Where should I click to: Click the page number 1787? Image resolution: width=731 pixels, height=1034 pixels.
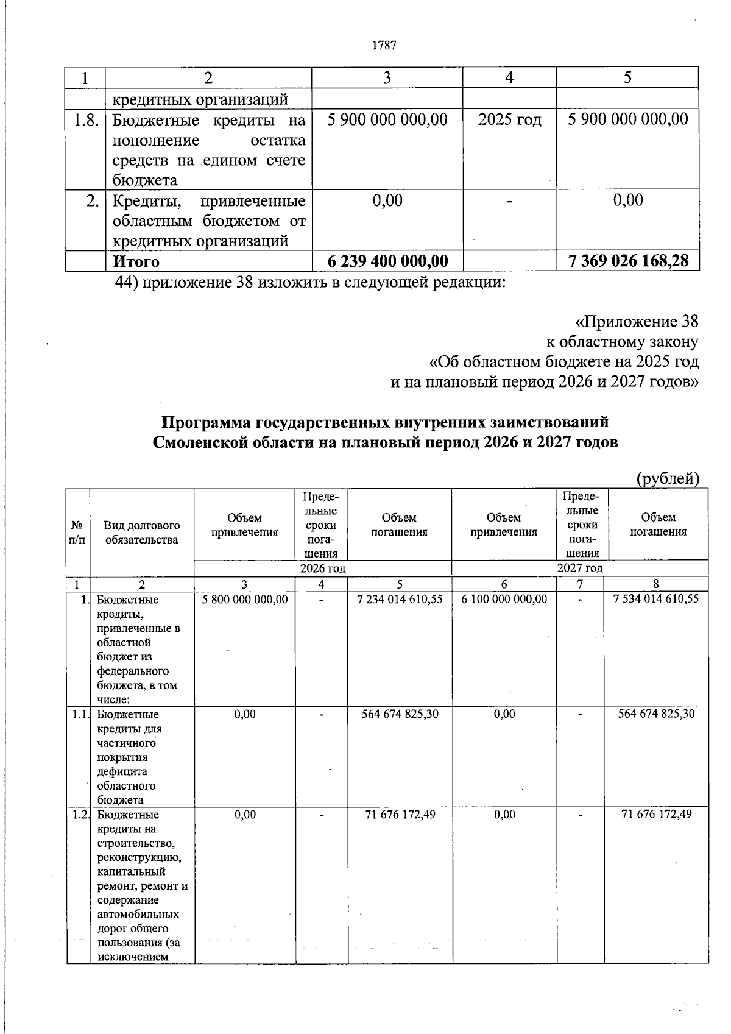tap(384, 45)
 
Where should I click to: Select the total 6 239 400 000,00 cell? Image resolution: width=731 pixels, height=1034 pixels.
tap(387, 261)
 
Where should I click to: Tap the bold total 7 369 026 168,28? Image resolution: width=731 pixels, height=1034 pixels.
tap(628, 261)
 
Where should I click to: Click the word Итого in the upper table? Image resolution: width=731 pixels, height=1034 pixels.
tap(136, 262)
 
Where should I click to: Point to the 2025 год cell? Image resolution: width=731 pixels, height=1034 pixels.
tap(509, 119)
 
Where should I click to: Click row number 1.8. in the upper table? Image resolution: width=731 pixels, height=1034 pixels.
tap(86, 119)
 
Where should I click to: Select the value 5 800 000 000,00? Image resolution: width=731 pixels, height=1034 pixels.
tap(244, 600)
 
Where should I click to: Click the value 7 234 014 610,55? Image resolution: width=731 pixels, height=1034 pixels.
tap(400, 600)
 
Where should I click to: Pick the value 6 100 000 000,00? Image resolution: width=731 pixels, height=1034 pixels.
tap(504, 600)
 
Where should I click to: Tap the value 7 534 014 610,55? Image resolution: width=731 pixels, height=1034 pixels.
tap(656, 598)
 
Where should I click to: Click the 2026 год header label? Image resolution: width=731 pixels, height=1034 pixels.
tap(323, 568)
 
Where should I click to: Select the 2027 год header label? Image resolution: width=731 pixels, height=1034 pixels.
tap(580, 568)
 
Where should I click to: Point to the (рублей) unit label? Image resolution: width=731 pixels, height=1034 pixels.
tap(668, 479)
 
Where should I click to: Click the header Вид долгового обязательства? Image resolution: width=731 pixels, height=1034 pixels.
tap(141, 533)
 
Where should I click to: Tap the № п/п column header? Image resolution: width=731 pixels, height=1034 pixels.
tap(77, 533)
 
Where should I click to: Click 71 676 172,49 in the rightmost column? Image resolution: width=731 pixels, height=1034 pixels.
tap(656, 815)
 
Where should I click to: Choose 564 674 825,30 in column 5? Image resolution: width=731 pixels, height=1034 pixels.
tap(400, 714)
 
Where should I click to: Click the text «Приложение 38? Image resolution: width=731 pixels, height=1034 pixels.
tap(637, 322)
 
